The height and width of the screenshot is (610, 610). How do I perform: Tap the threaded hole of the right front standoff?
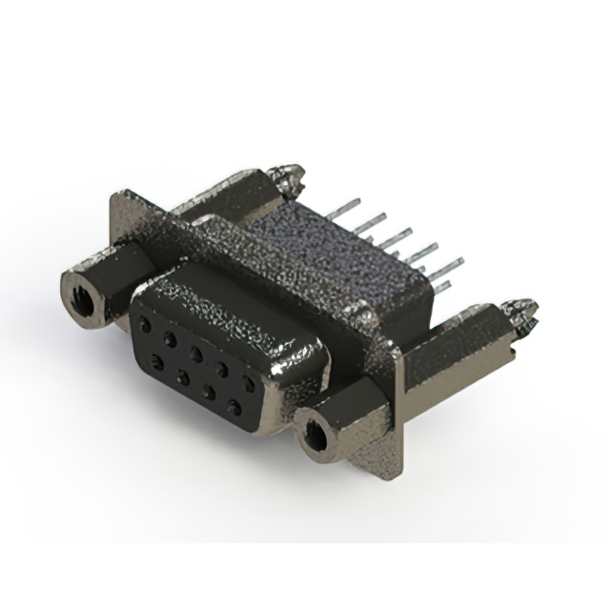coord(315,436)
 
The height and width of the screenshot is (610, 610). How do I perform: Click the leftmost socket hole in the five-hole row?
coord(144,324)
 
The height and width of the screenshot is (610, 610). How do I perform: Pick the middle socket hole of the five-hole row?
coord(195,354)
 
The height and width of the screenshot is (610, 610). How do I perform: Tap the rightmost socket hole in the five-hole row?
coord(249,384)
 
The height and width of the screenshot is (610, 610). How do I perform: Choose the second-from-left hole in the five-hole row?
coord(169,338)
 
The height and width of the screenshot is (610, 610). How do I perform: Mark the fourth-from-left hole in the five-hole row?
coord(221,369)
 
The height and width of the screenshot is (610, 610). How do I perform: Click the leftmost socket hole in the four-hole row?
coord(156,360)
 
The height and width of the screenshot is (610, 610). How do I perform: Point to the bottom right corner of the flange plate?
coord(389,476)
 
